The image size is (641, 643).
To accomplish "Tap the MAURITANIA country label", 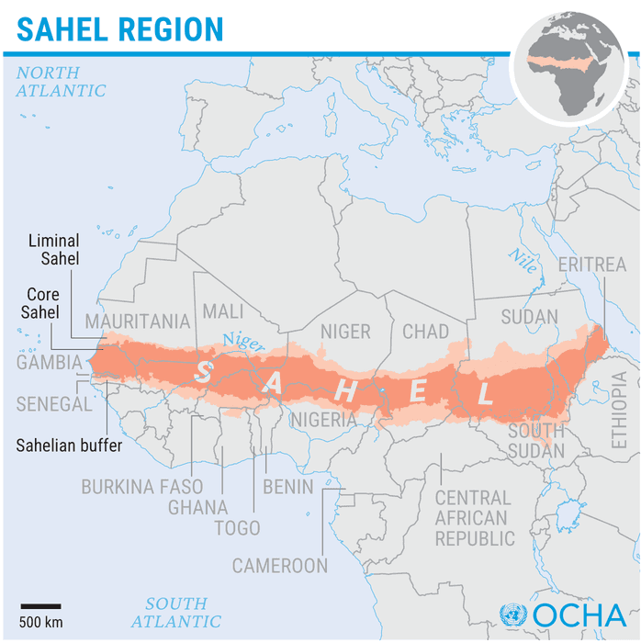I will pos(137,321).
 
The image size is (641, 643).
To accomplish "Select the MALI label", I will pos(222,311).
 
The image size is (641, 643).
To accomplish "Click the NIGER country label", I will pos(345,332).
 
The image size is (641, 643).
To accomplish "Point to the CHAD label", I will pos(425,332).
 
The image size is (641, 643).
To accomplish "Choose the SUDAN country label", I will pos(529,317).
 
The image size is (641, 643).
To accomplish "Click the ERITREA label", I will pos(591,265).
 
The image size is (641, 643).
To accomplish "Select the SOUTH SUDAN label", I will pos(536,440).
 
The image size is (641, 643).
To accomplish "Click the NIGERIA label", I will pos(323,420).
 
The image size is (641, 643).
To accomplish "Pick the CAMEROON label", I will pos(279,566).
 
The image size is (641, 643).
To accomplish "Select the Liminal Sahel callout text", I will pos(53,250).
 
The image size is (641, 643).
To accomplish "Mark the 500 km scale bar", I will pos(41,606).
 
